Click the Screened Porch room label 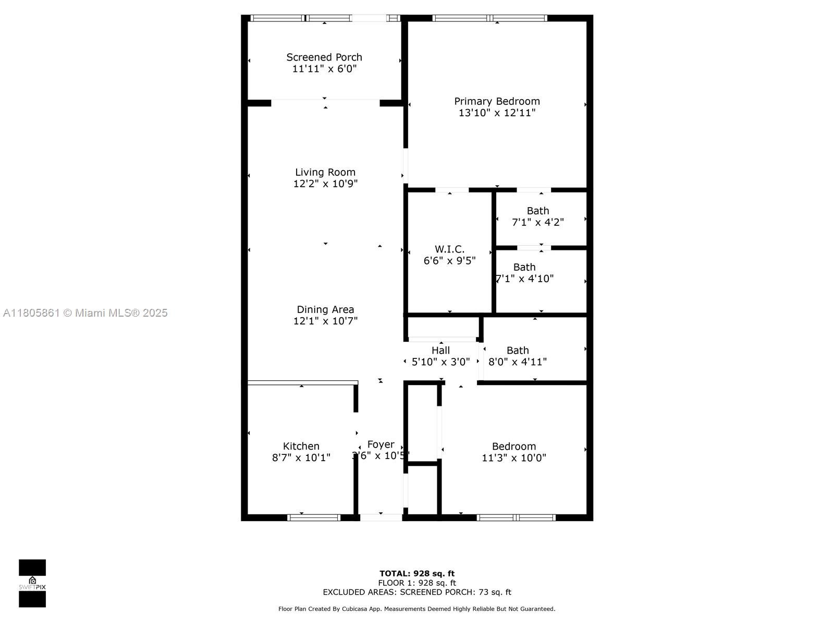[324, 57]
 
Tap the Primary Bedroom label [497, 101]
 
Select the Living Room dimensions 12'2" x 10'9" [325, 184]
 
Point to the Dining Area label [325, 309]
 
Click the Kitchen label [301, 446]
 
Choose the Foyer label [381, 444]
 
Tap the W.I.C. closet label [449, 249]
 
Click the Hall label [440, 351]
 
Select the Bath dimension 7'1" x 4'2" [538, 222]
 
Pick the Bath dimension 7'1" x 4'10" [525, 279]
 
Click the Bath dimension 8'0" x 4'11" [518, 362]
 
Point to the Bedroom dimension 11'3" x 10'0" [514, 458]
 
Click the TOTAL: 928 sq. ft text [417, 574]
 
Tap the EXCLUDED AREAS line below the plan [417, 592]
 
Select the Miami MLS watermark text [85, 313]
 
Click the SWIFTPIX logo [32, 583]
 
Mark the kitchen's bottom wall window [314, 517]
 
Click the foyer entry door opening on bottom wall [381, 517]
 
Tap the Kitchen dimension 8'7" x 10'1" [301, 458]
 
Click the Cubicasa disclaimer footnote [417, 609]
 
